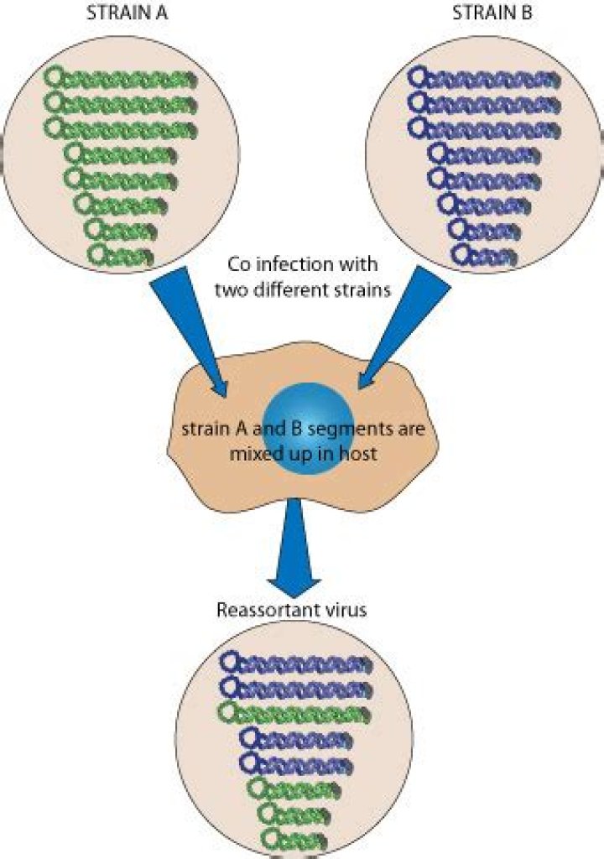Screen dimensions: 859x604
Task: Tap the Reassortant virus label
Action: point(291,610)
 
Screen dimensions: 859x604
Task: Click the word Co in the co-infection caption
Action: point(239,264)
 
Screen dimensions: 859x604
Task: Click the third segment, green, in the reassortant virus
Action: point(294,713)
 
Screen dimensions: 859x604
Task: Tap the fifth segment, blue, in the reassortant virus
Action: point(294,763)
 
